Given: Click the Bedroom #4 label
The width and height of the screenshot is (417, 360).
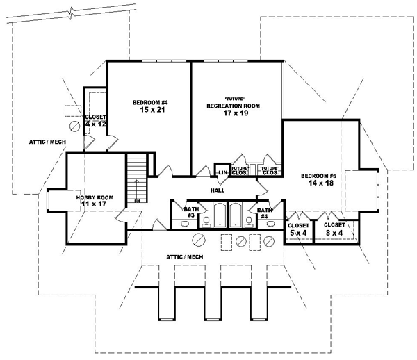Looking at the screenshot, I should (x=151, y=103).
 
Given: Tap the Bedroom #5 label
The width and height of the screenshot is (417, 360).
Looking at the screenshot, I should (x=319, y=177).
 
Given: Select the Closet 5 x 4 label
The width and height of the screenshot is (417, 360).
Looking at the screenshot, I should (x=298, y=229).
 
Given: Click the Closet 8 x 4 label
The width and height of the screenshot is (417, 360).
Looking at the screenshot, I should (x=334, y=229).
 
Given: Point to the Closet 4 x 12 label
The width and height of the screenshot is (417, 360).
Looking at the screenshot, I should (x=95, y=120).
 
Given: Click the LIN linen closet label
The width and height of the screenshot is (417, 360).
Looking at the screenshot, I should (x=223, y=172).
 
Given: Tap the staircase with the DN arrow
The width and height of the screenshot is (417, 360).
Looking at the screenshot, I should (x=138, y=177).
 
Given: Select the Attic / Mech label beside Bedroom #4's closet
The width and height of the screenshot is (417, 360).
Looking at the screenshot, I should (x=47, y=142).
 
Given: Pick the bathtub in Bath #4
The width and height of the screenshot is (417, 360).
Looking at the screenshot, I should (x=236, y=215).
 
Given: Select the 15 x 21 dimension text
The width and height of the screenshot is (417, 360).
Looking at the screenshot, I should (x=151, y=111).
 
